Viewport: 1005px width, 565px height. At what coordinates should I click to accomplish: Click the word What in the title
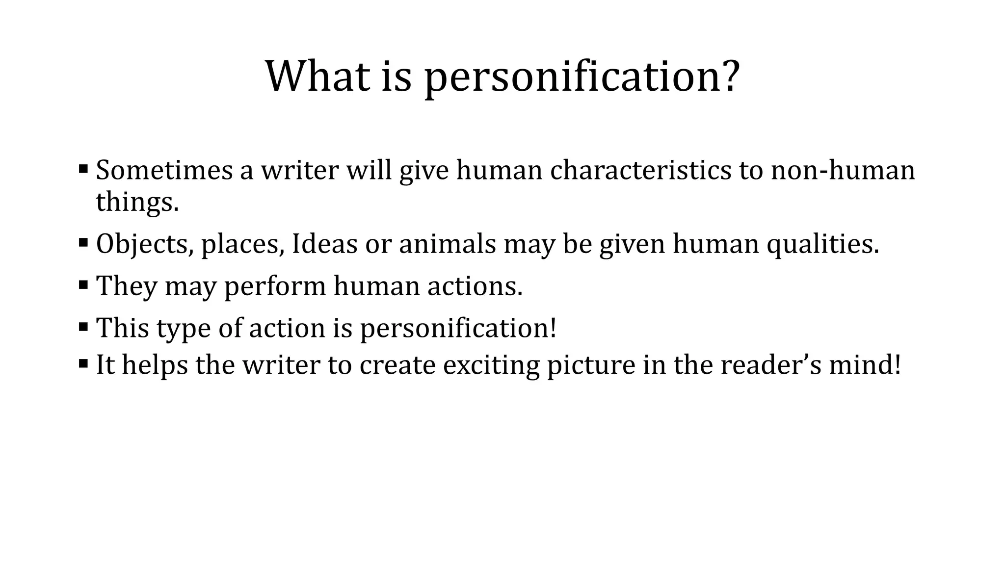317,77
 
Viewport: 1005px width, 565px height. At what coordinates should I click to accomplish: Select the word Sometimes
164,170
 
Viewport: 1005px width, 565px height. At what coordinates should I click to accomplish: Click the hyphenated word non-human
843,170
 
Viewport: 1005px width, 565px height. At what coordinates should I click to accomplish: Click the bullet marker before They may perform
83,284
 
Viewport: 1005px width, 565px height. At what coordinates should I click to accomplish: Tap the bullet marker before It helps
83,363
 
